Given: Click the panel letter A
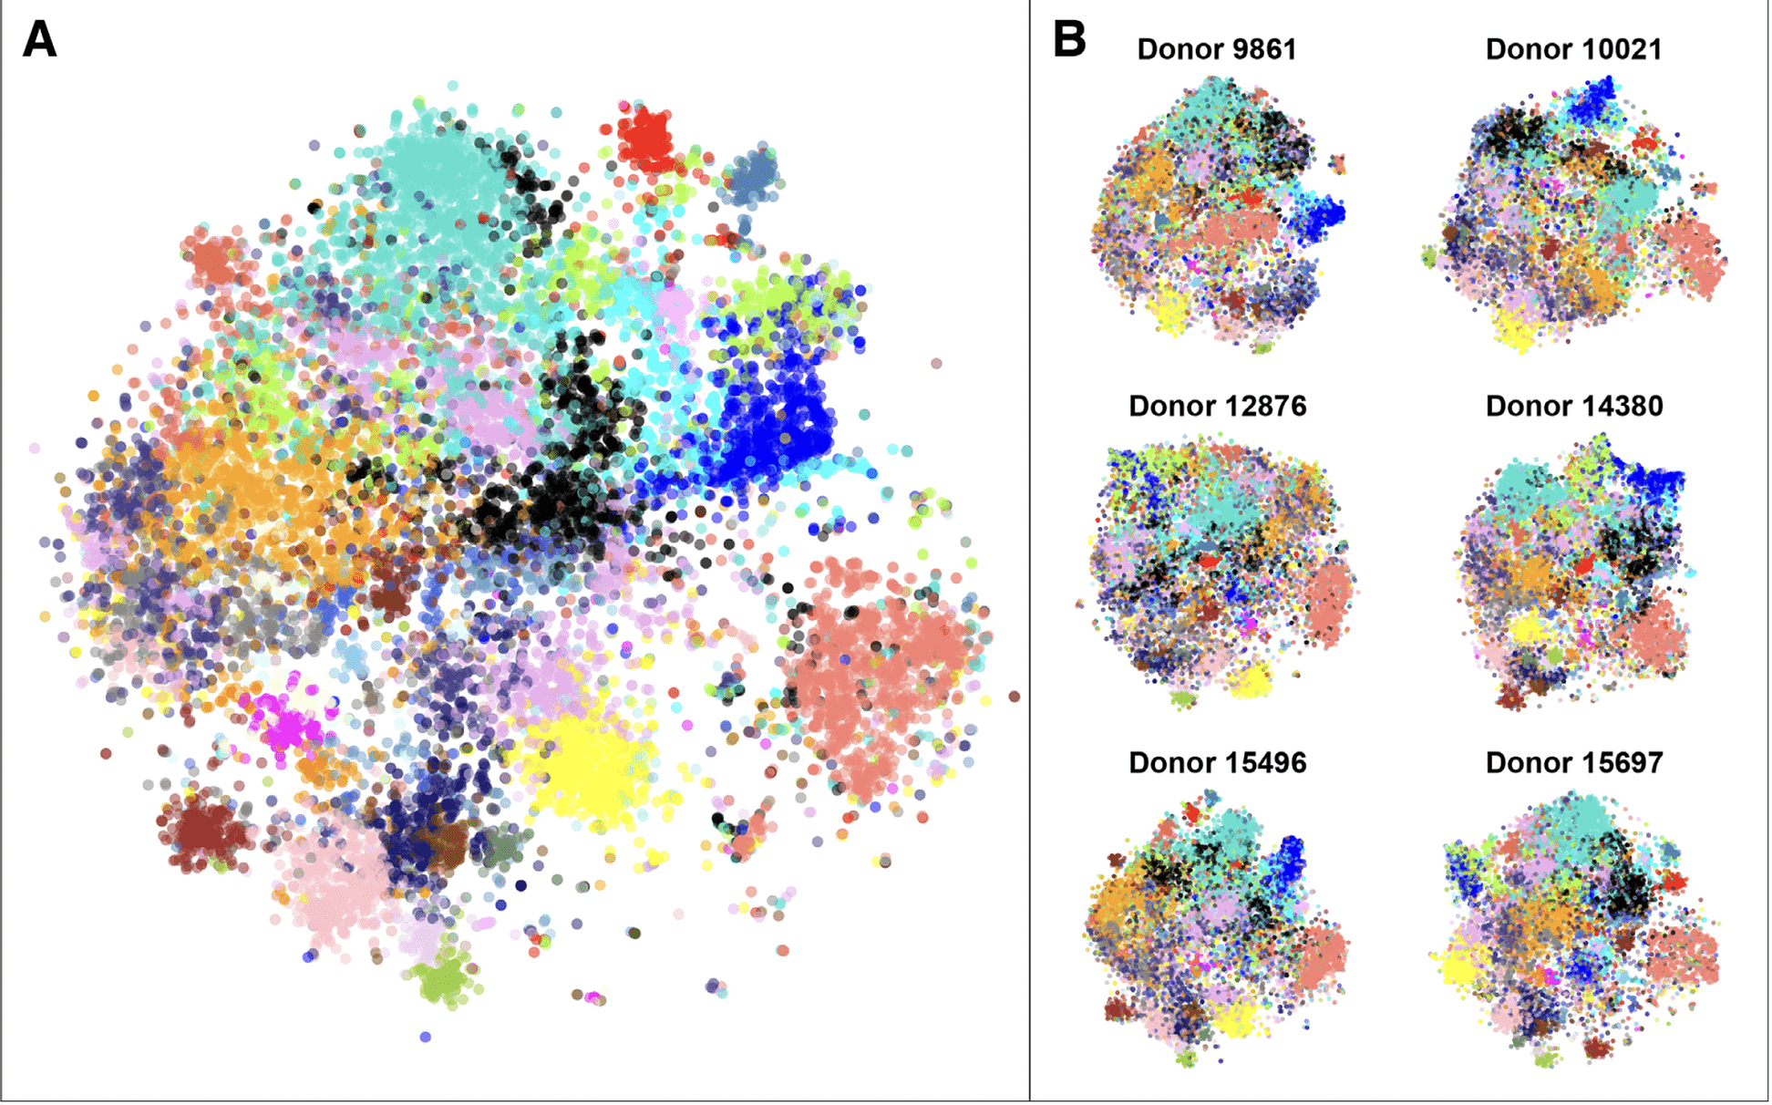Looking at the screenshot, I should tap(39, 40).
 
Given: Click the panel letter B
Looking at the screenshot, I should tap(1068, 40).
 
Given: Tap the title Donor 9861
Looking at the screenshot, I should tap(1216, 49).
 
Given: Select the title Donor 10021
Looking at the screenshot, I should tap(1573, 49).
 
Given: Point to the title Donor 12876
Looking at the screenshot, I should tap(1217, 406).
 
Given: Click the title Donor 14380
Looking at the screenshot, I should tap(1573, 406).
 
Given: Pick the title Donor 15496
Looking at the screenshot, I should tap(1217, 762).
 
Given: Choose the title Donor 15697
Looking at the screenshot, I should tap(1573, 762).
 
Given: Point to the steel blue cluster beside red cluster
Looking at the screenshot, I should tap(752, 173).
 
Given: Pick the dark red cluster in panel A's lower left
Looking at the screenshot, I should tap(202, 830).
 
